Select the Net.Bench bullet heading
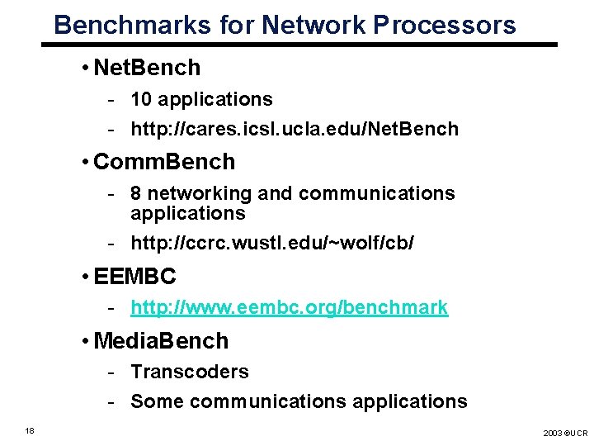pos(147,68)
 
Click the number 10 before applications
pos(141,99)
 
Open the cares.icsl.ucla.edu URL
pos(295,129)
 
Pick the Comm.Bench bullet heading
pos(164,162)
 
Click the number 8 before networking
pos(136,193)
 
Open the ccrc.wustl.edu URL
pos(272,243)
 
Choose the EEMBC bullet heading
pos(135,277)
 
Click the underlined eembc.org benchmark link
pos(290,308)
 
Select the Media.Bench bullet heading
pos(162,340)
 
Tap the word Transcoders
pos(190,372)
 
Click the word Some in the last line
pos(157,401)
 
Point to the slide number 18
pos(30,429)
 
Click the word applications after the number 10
pos(214,100)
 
